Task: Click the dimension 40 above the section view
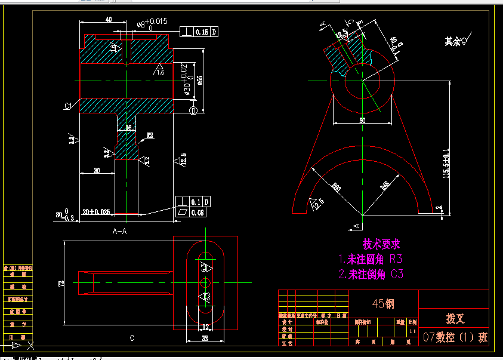[x=108, y=20]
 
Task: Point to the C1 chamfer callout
[x=69, y=106]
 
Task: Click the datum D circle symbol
[x=193, y=110]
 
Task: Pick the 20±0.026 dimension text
[x=96, y=212]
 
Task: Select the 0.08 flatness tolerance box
[x=198, y=213]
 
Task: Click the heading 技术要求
[x=381, y=244]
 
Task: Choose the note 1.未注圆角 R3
[x=370, y=259]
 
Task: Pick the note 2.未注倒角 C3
[x=371, y=275]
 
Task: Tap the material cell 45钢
[x=383, y=303]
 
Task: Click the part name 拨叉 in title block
[x=454, y=318]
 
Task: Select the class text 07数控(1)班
[x=455, y=337]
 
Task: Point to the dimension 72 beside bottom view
[x=61, y=284]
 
